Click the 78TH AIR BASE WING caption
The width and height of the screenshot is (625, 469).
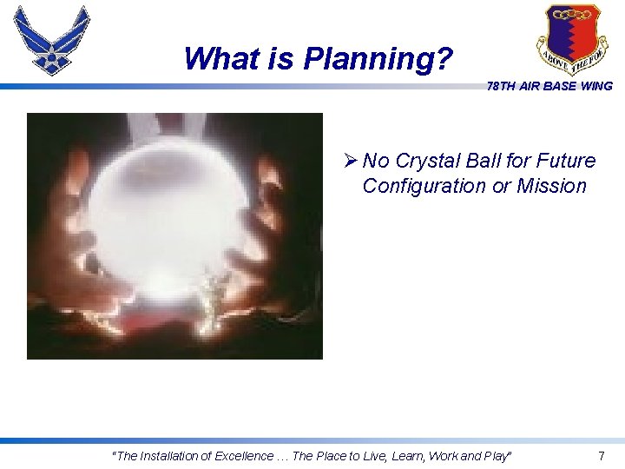[549, 86]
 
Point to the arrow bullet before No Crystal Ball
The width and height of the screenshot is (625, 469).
[350, 161]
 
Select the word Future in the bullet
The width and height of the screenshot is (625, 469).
[565, 161]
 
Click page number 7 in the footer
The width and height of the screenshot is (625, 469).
[602, 456]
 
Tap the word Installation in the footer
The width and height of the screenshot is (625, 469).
[171, 456]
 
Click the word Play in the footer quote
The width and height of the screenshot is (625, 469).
[497, 456]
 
